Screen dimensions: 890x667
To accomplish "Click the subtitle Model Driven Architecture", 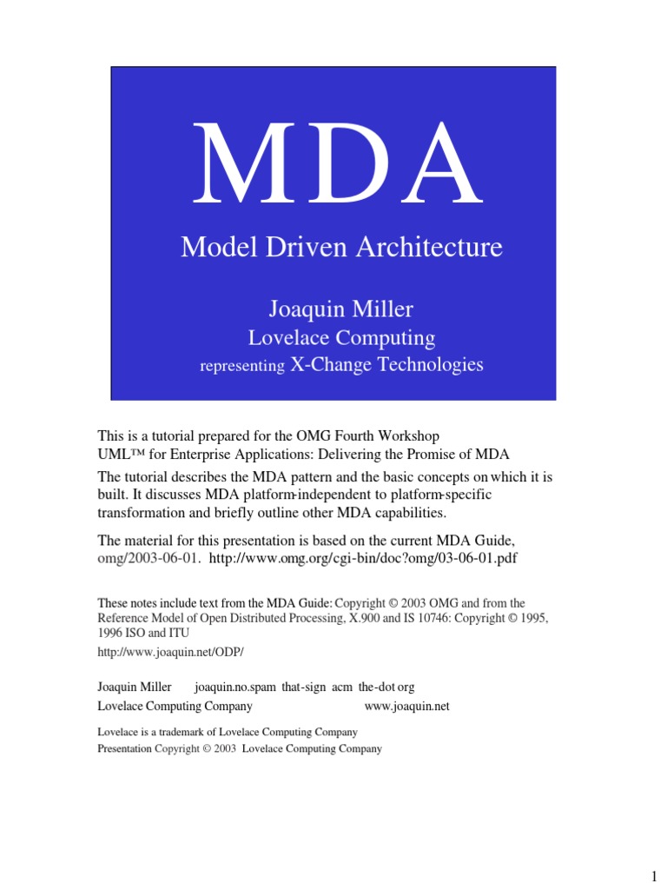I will (x=341, y=248).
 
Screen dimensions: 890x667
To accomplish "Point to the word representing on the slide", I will (x=242, y=367).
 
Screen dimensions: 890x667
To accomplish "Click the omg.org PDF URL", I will (x=363, y=557).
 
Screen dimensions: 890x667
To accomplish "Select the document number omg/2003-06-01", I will (x=149, y=557).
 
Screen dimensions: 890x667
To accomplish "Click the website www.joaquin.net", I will (x=406, y=706).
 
